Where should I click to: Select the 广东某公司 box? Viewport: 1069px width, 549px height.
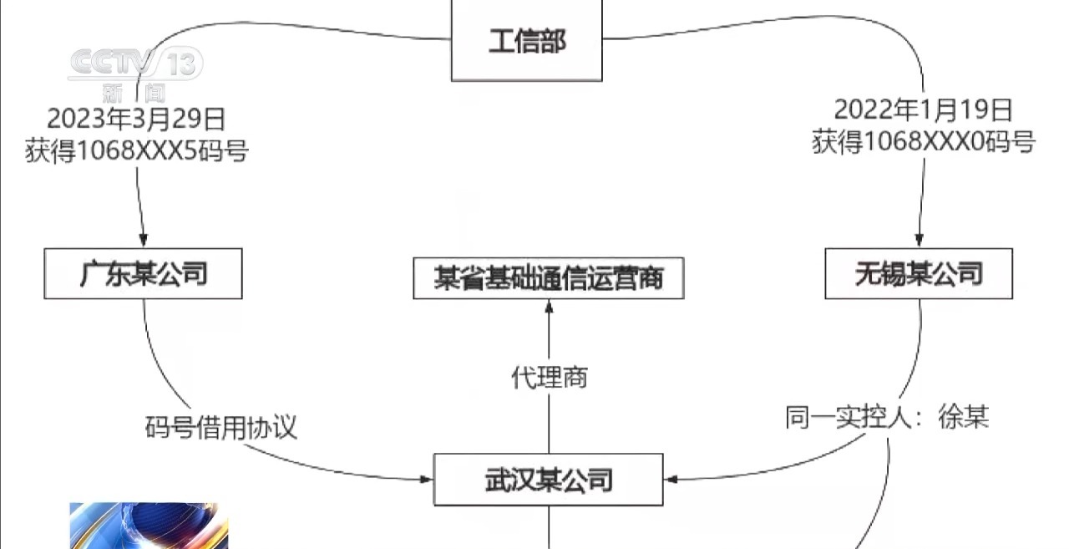click(143, 273)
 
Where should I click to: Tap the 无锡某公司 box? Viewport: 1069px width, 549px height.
click(919, 273)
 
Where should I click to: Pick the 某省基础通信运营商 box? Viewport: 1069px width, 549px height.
click(548, 277)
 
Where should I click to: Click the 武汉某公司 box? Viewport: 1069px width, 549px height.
click(548, 480)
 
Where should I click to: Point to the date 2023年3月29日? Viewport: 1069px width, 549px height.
click(136, 119)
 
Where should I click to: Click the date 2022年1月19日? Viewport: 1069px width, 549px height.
click(924, 110)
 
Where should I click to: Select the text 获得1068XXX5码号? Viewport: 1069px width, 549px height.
click(136, 151)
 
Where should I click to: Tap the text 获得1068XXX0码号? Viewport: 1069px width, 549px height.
click(924, 143)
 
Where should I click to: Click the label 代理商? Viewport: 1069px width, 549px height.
click(549, 377)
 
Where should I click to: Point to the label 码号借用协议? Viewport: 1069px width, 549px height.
click(220, 428)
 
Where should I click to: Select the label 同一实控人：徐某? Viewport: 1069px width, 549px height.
click(887, 417)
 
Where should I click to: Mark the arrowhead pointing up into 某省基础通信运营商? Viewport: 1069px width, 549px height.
click(549, 307)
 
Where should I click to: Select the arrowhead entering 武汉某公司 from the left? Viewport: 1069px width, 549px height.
click(427, 480)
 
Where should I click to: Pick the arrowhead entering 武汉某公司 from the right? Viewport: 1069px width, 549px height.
click(672, 480)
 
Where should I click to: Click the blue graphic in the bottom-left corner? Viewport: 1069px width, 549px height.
click(149, 526)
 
